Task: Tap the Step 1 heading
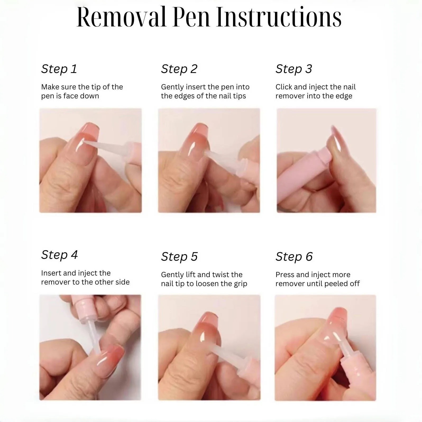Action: (59, 69)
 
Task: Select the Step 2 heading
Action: (179, 69)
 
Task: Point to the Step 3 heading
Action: (294, 69)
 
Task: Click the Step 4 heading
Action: (59, 255)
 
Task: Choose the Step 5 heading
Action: (180, 256)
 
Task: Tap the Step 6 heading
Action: (294, 256)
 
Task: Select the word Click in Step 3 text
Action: (284, 87)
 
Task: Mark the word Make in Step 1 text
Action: (50, 87)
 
